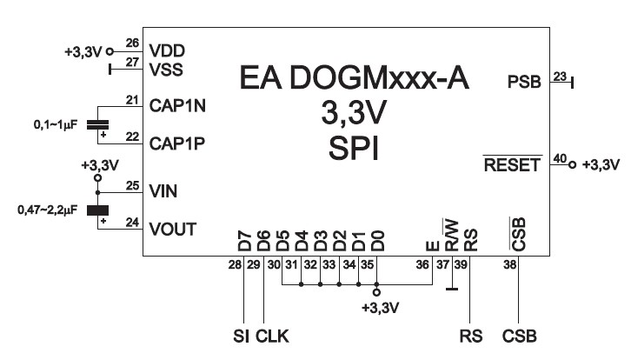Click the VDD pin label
click(166, 50)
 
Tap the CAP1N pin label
click(176, 105)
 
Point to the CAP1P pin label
click(176, 142)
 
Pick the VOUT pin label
click(171, 230)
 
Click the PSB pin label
click(524, 83)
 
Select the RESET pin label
click(513, 164)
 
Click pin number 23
click(559, 77)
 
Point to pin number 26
click(132, 42)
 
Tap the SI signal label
click(241, 336)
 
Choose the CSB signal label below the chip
click(519, 336)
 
